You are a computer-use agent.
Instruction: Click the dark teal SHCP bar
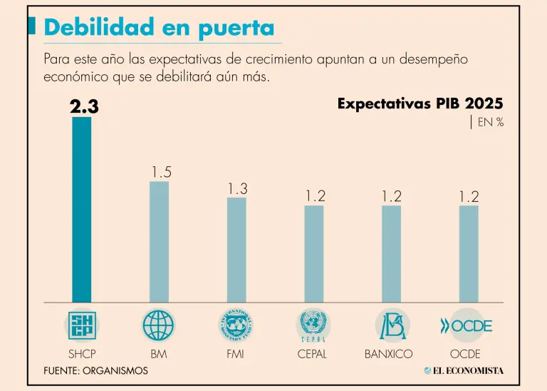pos(82,209)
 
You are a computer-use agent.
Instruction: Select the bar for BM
pos(159,241)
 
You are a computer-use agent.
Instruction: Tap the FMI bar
pos(236,249)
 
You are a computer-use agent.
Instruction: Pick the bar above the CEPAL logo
pos(313,253)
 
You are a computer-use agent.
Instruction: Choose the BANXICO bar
pos(391,253)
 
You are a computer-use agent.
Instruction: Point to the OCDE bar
pos(469,253)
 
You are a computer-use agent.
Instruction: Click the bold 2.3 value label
pos(84,107)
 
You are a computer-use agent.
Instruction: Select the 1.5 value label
pos(161,172)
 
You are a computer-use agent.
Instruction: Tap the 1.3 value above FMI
pos(238,188)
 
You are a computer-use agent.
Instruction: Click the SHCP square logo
pos(82,325)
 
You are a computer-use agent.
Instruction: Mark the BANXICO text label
pos(392,353)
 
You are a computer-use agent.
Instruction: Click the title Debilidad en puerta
pos(159,28)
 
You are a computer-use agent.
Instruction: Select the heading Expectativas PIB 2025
pos(420,104)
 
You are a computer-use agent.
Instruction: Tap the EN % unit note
pos(490,123)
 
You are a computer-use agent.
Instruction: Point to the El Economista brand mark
pos(463,370)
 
